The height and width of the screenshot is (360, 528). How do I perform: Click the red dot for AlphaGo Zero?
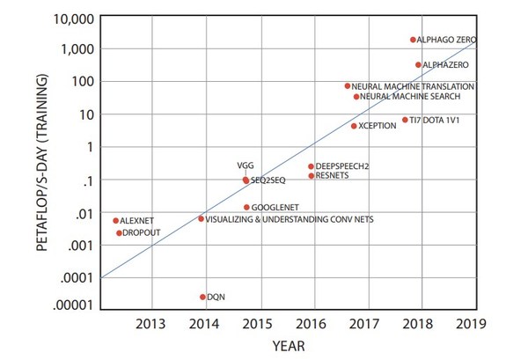tap(413, 40)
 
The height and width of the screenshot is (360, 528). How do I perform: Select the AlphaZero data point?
tap(419, 65)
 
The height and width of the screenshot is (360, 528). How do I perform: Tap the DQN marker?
tap(202, 297)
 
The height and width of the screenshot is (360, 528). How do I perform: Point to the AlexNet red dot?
tap(115, 221)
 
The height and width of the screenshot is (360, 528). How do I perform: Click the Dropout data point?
tap(119, 233)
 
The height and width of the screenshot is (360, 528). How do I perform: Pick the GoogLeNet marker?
tap(246, 208)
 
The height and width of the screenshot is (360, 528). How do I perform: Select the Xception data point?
tap(354, 126)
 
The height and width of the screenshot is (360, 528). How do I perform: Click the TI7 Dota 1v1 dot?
tap(405, 120)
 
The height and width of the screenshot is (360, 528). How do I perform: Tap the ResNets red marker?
tap(311, 176)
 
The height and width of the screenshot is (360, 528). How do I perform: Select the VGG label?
tap(246, 165)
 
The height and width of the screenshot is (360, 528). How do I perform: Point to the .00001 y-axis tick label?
tap(76, 305)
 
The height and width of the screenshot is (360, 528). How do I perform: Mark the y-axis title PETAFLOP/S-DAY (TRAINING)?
tap(42, 164)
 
